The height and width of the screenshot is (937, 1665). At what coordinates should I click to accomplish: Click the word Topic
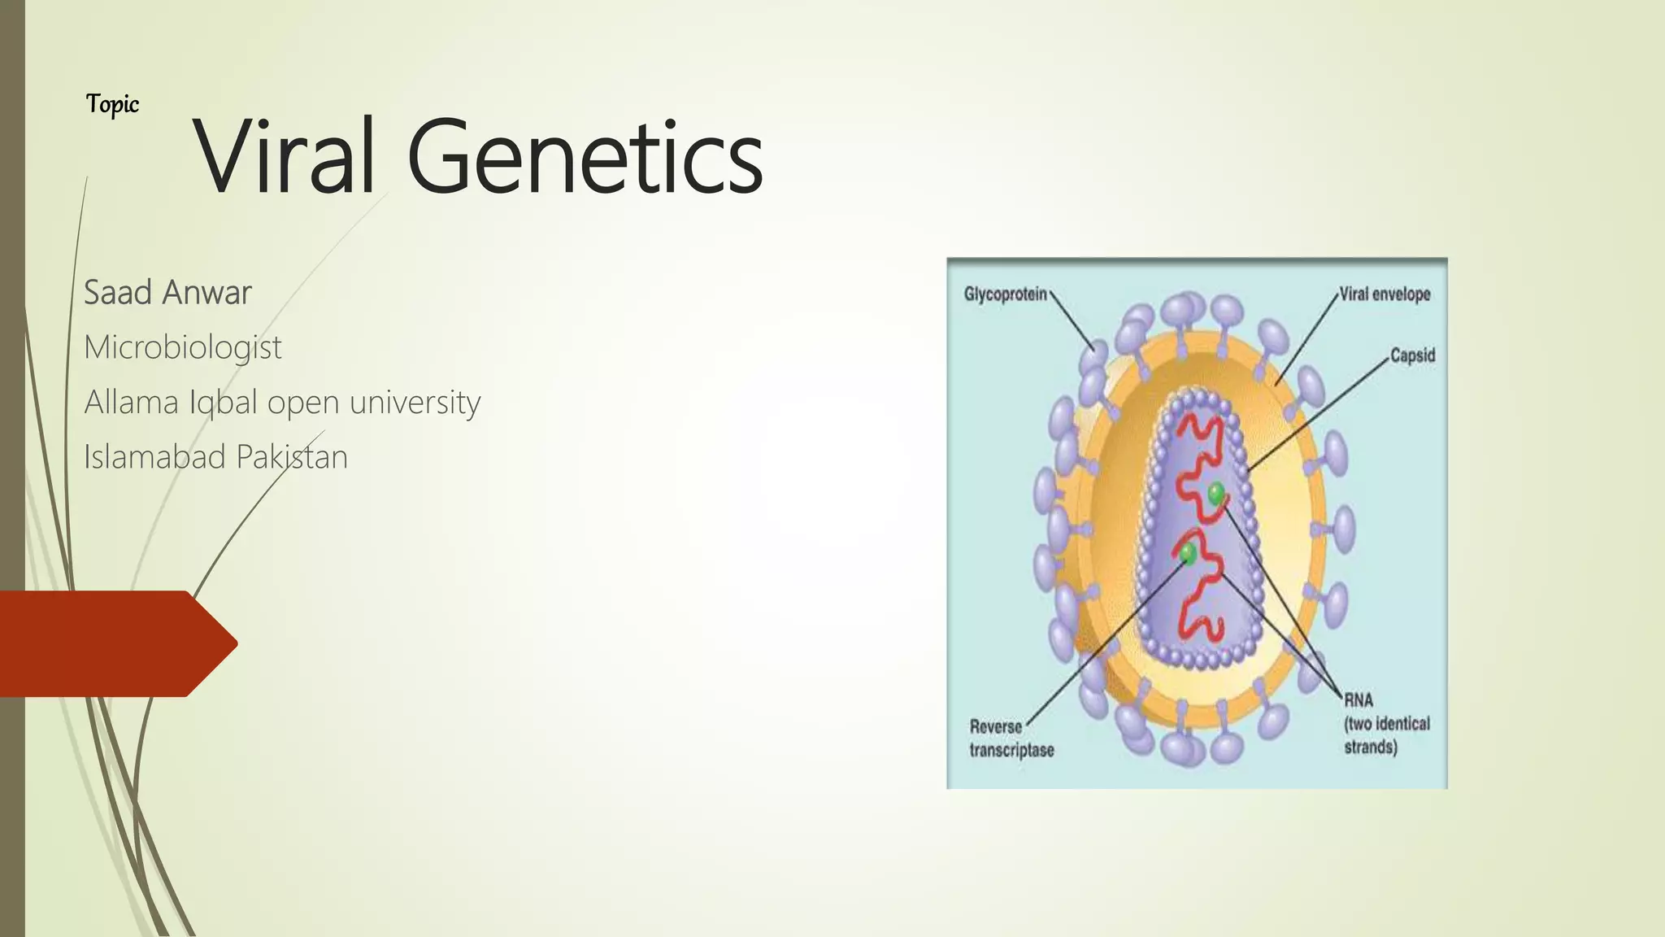[x=112, y=104]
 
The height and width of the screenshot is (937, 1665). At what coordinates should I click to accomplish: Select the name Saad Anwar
[x=167, y=293]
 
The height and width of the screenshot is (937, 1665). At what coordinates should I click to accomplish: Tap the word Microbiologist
[x=183, y=348]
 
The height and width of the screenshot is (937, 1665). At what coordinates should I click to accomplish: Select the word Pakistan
[x=292, y=457]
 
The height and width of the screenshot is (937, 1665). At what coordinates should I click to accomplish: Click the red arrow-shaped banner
[x=114, y=643]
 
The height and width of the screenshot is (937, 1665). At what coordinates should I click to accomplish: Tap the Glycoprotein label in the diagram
[x=1005, y=294]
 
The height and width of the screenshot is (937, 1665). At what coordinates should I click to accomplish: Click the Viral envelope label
[x=1385, y=294]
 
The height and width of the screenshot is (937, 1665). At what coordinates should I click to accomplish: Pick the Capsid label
[x=1412, y=355]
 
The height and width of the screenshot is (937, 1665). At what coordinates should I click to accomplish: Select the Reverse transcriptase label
[x=1011, y=739]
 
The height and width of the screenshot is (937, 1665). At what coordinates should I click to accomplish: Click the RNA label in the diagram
[x=1358, y=700]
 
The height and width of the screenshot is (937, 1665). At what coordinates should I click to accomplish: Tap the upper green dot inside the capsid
[x=1215, y=492]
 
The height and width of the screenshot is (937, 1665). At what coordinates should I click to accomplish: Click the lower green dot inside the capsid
[x=1188, y=554]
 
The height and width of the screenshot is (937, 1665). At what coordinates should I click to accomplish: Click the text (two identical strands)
[x=1386, y=735]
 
